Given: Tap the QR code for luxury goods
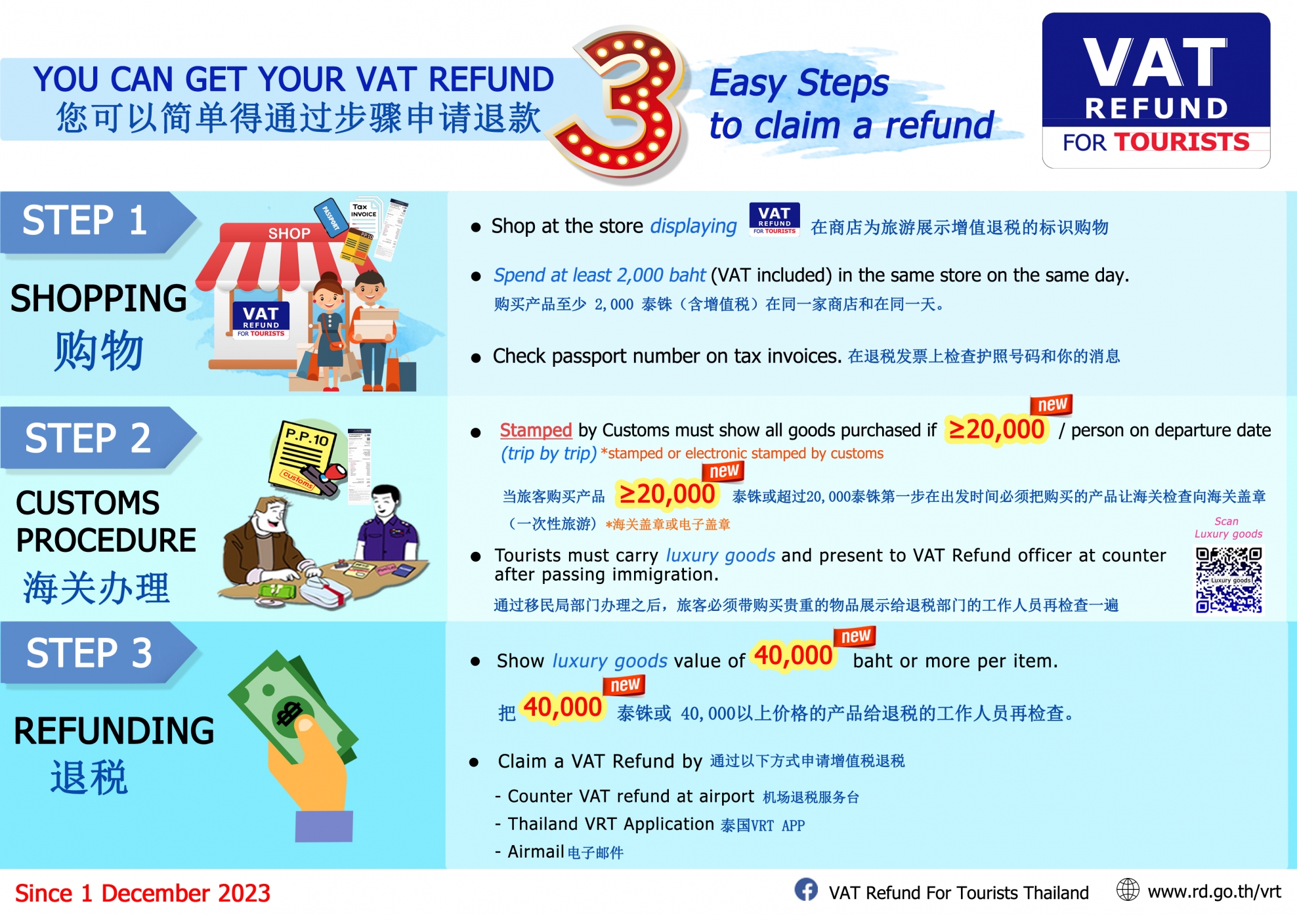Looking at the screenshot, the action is click(x=1228, y=580).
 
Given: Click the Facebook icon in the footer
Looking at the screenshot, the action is click(x=806, y=890).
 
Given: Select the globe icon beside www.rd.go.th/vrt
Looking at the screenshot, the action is click(x=1128, y=890).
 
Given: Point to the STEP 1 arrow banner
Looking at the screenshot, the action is click(x=98, y=222).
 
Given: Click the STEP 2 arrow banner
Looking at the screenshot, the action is click(x=98, y=438).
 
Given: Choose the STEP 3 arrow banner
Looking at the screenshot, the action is click(x=98, y=653).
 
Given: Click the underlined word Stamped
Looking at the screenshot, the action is click(x=536, y=430).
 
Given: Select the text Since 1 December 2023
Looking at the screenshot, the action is click(x=142, y=893).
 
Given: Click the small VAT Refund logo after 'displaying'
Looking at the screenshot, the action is click(x=775, y=219).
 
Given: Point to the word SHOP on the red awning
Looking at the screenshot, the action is click(x=289, y=234).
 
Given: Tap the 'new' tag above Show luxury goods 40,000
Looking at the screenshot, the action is click(x=855, y=636).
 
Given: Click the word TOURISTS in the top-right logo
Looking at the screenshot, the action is click(x=1181, y=142).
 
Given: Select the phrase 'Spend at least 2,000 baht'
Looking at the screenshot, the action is click(x=599, y=275).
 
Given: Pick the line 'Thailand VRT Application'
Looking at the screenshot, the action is click(x=610, y=824).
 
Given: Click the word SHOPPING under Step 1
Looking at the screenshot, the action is click(x=99, y=299).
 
